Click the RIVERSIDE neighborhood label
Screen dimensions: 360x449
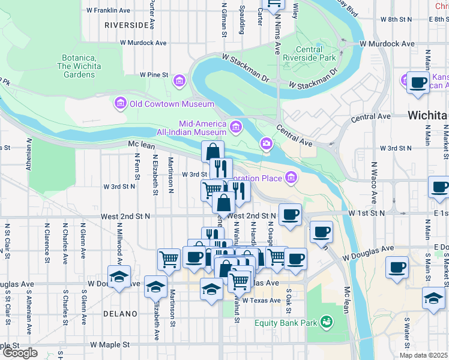[x=126, y=25]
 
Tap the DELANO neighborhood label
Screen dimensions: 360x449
[x=120, y=314]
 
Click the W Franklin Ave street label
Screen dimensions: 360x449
[x=109, y=10]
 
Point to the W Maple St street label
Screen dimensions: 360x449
[x=110, y=345]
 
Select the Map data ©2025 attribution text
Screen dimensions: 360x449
[x=424, y=355]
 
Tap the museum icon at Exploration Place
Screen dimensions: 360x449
[x=292, y=177]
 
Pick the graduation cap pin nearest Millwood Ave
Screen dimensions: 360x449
[x=119, y=276]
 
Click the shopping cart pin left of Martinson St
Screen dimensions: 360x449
[x=169, y=259]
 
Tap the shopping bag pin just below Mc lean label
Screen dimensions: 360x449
[x=212, y=151]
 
